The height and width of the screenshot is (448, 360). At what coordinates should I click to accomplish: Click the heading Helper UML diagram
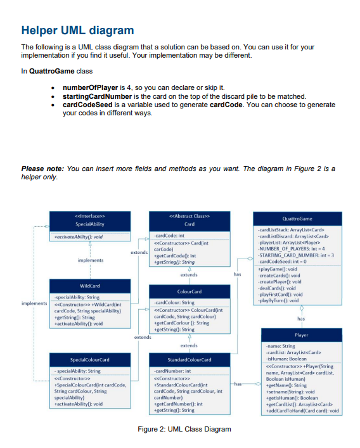click(77, 30)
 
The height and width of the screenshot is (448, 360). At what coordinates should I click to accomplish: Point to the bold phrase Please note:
click(42, 169)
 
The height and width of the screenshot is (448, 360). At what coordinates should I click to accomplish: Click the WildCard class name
click(91, 286)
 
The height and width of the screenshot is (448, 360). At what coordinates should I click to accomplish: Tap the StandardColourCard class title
click(189, 360)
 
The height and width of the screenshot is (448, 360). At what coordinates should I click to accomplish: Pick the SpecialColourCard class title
click(91, 360)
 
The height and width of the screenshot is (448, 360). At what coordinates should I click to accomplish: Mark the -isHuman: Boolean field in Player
click(286, 358)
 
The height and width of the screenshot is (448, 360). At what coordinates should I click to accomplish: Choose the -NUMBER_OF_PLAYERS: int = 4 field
click(295, 250)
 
